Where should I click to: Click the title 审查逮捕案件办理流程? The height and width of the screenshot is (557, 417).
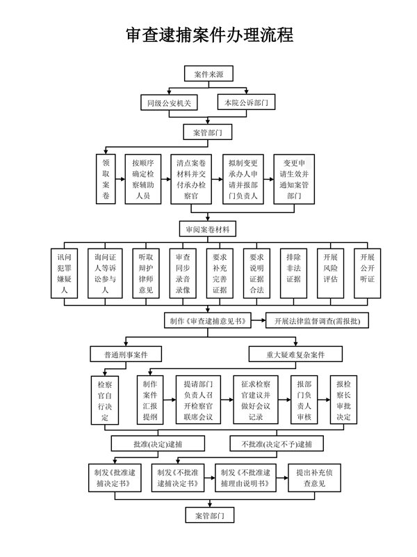tap(210, 35)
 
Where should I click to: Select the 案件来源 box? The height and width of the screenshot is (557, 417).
tap(208, 74)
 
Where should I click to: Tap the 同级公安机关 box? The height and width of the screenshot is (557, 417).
tap(169, 103)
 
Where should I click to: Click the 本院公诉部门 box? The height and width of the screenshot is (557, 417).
tap(246, 102)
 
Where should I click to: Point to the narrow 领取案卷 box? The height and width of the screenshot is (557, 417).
tap(106, 179)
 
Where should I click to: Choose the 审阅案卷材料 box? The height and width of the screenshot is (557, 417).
tap(208, 229)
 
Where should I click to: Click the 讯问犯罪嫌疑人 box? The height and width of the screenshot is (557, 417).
tap(64, 273)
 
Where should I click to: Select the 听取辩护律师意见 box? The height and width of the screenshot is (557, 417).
tap(146, 273)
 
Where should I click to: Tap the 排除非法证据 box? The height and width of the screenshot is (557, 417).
tap(293, 273)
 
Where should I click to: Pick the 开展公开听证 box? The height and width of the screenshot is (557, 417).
tap(368, 273)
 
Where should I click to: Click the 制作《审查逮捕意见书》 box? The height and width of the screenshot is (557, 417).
tap(208, 320)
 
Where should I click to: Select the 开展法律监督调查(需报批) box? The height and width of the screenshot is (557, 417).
tap(318, 321)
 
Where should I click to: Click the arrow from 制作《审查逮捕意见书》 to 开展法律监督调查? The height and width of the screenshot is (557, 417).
tap(259, 320)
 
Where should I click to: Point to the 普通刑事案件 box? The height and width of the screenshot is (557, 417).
tap(126, 354)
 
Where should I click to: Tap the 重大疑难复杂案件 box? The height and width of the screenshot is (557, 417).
tap(295, 354)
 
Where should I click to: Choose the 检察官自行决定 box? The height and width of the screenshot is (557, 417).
tap(105, 400)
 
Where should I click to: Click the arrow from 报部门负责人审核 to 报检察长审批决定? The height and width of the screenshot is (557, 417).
tap(324, 400)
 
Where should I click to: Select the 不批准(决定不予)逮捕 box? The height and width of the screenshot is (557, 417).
tap(277, 444)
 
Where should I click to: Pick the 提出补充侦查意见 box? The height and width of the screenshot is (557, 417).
tap(315, 478)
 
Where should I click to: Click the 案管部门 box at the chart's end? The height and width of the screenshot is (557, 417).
tap(210, 515)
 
